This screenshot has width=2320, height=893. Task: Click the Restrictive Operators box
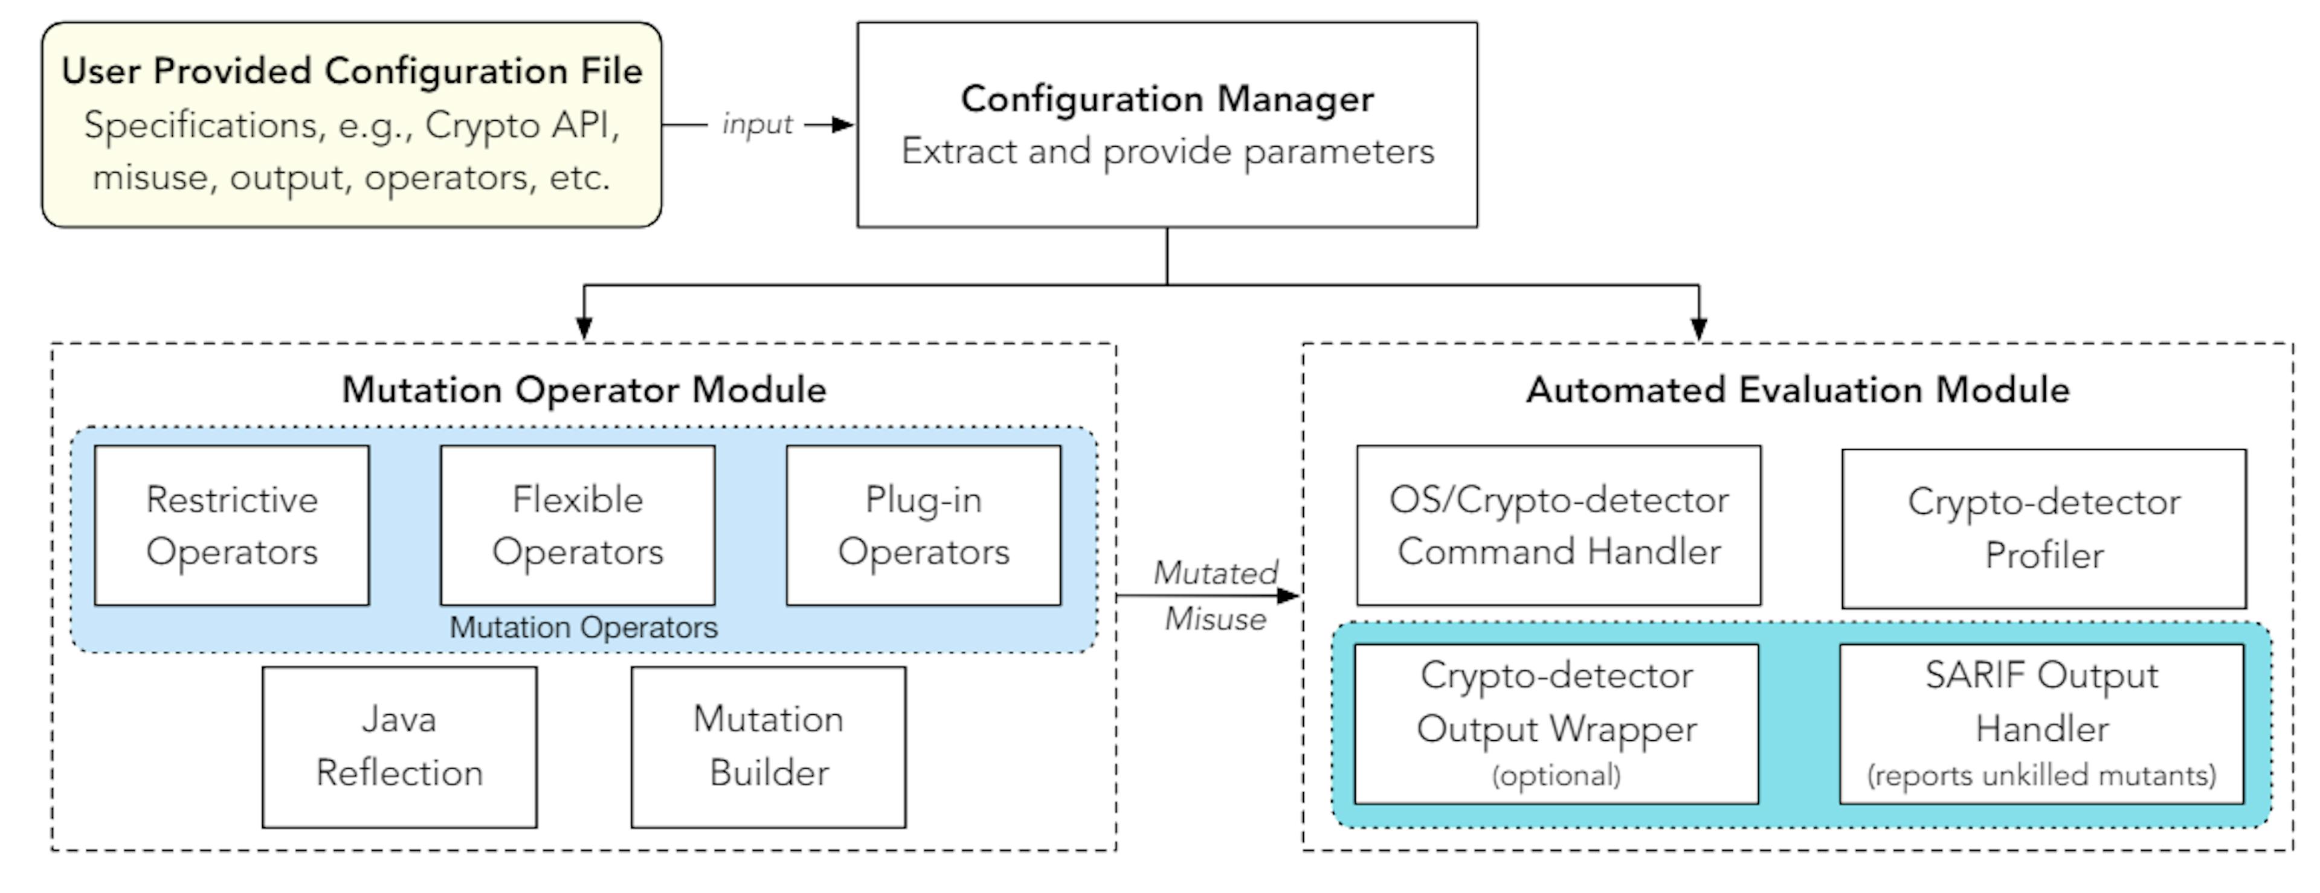click(231, 525)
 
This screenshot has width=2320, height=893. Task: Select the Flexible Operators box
click(578, 525)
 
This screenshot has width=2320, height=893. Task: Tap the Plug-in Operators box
click(923, 525)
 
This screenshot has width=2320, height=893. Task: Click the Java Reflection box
click(399, 746)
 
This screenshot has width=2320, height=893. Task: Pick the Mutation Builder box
click(768, 746)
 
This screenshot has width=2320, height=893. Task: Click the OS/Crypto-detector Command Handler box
click(1558, 525)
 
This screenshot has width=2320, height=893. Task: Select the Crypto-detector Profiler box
click(2043, 528)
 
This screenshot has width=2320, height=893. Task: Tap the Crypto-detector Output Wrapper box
click(1555, 723)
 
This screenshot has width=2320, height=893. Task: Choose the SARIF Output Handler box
click(2041, 723)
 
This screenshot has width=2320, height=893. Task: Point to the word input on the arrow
click(756, 124)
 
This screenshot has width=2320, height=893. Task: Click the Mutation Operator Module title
click(584, 390)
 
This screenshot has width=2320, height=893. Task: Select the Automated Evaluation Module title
click(1797, 390)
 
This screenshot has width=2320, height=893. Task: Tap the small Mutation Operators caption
click(584, 627)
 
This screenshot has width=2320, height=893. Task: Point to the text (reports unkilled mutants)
click(2041, 775)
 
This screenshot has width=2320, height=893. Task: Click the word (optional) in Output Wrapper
click(1555, 775)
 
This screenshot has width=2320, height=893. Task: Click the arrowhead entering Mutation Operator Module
click(584, 328)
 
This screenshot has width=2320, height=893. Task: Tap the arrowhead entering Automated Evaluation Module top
click(1698, 328)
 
